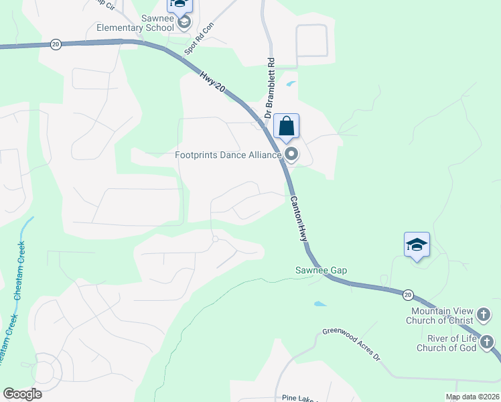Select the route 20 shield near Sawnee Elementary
(x=55, y=44)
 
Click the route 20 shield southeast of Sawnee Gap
(x=408, y=294)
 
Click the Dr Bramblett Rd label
(x=269, y=88)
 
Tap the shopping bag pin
(x=286, y=126)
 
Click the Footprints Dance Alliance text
(x=228, y=155)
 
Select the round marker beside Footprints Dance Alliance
(x=291, y=155)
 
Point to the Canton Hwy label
(x=298, y=218)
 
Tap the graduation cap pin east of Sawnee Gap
(x=417, y=245)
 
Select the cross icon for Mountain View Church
(x=484, y=314)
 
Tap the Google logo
(x=22, y=394)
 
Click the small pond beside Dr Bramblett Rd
(x=290, y=84)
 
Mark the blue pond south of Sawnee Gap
(x=320, y=304)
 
